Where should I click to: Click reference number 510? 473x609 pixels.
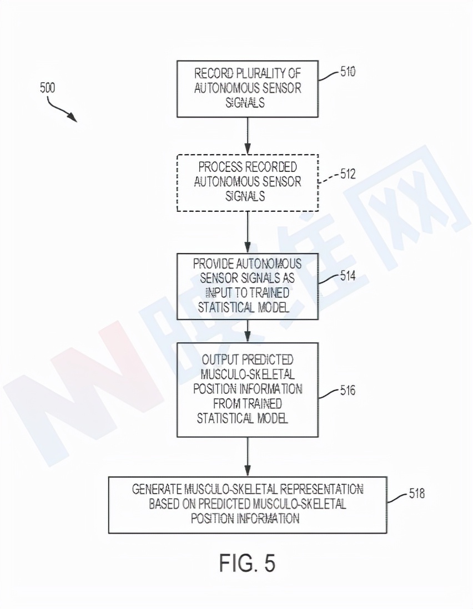click(348, 72)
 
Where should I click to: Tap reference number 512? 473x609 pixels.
click(348, 174)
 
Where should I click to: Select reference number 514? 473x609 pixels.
click(348, 276)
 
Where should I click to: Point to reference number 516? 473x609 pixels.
click(348, 391)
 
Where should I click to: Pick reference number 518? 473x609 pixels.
click(417, 493)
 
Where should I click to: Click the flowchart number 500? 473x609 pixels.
click(47, 88)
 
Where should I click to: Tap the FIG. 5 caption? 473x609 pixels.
click(247, 563)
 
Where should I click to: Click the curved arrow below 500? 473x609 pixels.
click(61, 109)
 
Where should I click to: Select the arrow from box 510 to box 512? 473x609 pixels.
click(248, 135)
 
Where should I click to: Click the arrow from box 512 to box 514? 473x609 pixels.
click(248, 232)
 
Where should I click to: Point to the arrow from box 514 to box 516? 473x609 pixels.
click(248, 331)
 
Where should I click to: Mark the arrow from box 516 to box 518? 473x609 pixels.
click(248, 456)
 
